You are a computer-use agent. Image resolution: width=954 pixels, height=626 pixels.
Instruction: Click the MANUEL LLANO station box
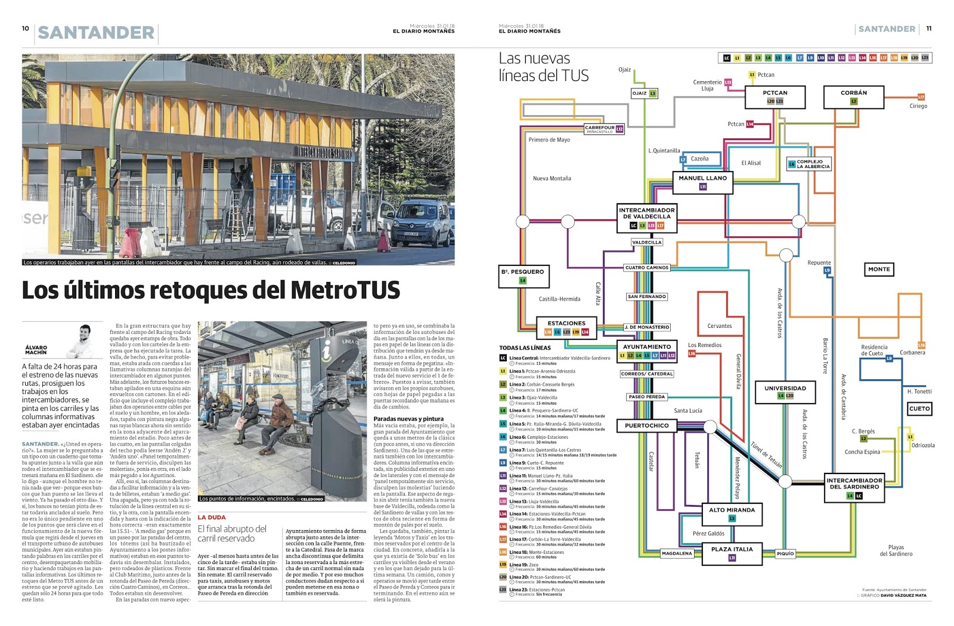click(x=702, y=182)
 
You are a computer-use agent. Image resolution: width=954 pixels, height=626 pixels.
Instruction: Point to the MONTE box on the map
click(x=879, y=269)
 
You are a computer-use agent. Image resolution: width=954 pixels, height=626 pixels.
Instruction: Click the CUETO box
click(x=919, y=408)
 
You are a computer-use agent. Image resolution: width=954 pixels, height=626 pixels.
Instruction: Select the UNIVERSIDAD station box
click(x=785, y=391)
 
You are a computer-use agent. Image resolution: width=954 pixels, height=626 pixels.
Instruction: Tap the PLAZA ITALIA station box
click(x=732, y=553)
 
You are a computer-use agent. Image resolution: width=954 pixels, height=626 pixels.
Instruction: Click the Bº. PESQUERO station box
click(x=523, y=275)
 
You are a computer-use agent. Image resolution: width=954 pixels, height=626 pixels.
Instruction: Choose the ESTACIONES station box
click(x=566, y=327)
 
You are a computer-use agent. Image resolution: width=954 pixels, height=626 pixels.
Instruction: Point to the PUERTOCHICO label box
click(x=646, y=426)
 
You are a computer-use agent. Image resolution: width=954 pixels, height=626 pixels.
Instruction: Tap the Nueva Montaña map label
click(x=552, y=178)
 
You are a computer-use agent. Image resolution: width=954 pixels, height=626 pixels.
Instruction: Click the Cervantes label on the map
click(x=720, y=326)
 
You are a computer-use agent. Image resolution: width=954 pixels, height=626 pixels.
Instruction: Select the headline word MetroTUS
click(x=345, y=290)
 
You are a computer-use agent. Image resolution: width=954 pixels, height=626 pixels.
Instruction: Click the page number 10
click(x=25, y=28)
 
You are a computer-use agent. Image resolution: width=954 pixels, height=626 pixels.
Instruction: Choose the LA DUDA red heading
click(x=212, y=517)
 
